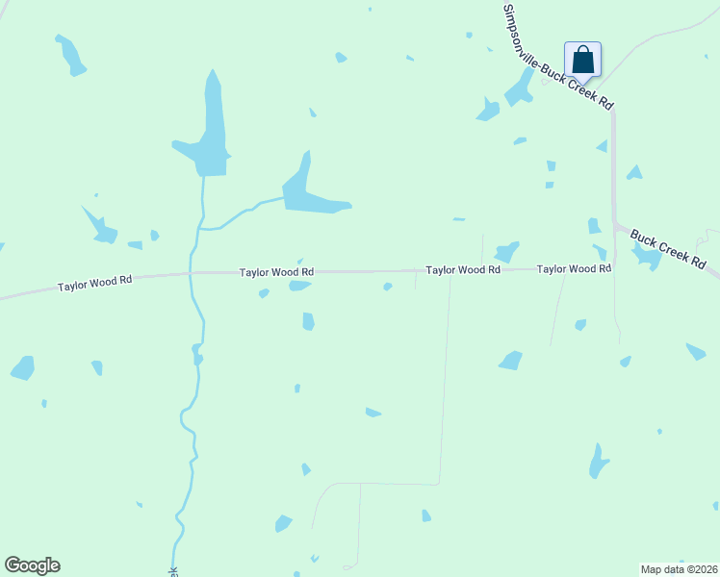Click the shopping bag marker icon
click(582, 60)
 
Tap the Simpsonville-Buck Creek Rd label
click(556, 57)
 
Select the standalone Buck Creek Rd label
click(668, 248)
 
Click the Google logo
click(32, 565)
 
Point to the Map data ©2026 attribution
click(679, 569)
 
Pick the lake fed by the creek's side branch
click(309, 194)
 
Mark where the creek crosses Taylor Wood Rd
click(192, 273)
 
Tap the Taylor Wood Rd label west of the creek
click(93, 284)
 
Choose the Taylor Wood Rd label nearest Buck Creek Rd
click(574, 269)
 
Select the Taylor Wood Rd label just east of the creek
click(276, 272)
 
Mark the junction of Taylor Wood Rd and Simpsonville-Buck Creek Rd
click(614, 268)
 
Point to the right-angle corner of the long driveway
click(439, 483)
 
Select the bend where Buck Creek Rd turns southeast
click(616, 225)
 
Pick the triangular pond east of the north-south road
click(634, 173)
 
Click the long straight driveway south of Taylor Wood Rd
click(445, 385)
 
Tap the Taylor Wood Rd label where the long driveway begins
click(463, 270)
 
